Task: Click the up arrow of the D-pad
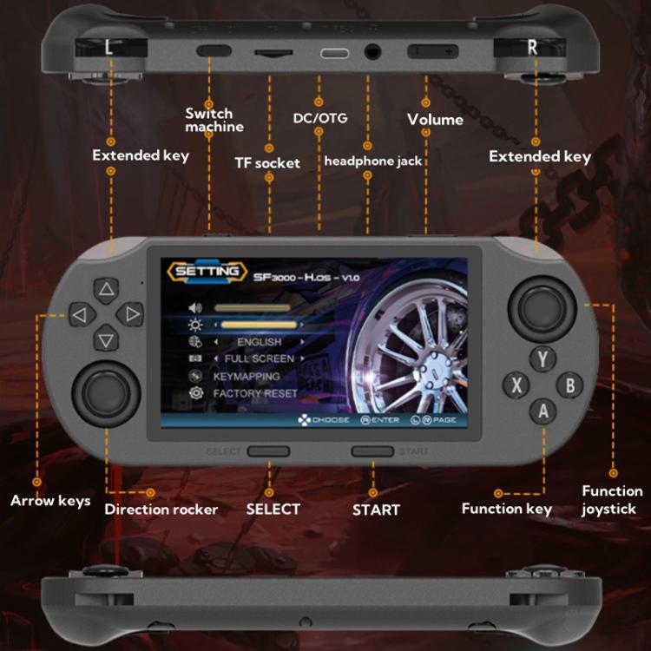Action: click(x=106, y=289)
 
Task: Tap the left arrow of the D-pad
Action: click(x=79, y=314)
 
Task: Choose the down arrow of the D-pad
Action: click(x=106, y=339)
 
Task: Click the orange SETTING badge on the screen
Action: click(x=206, y=272)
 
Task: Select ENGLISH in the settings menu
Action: click(x=259, y=342)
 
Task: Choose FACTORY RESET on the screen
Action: click(x=254, y=393)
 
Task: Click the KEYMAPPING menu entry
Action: click(x=246, y=377)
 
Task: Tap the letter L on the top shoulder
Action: click(x=108, y=49)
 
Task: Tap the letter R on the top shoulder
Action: click(x=533, y=48)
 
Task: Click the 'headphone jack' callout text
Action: click(x=373, y=161)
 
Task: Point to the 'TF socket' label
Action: click(x=267, y=163)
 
